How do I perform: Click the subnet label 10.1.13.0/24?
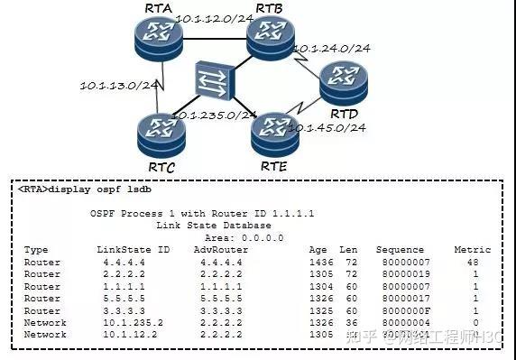(119, 86)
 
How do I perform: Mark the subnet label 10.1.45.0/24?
(326, 127)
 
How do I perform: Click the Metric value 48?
(474, 261)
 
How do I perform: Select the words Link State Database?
(200, 224)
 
